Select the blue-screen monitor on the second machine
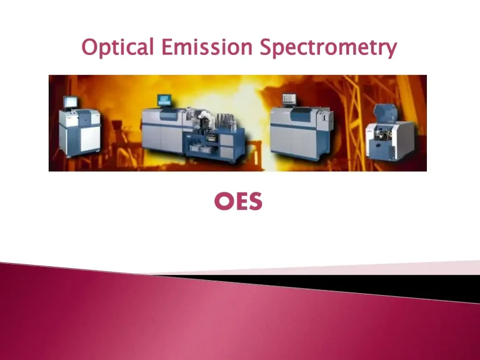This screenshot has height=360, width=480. [164, 100]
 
